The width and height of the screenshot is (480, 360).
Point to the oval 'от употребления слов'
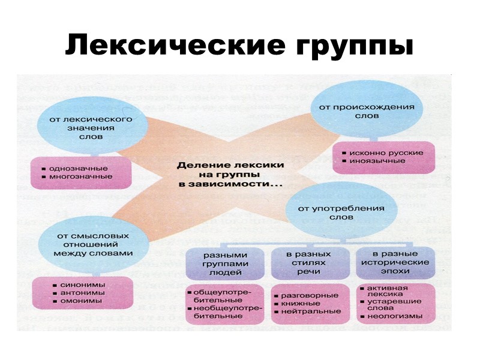click(x=337, y=212)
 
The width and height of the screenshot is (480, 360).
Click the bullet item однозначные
click(x=79, y=168)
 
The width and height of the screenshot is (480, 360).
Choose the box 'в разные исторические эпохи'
click(x=392, y=262)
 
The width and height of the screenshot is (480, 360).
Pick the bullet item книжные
click(x=305, y=304)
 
